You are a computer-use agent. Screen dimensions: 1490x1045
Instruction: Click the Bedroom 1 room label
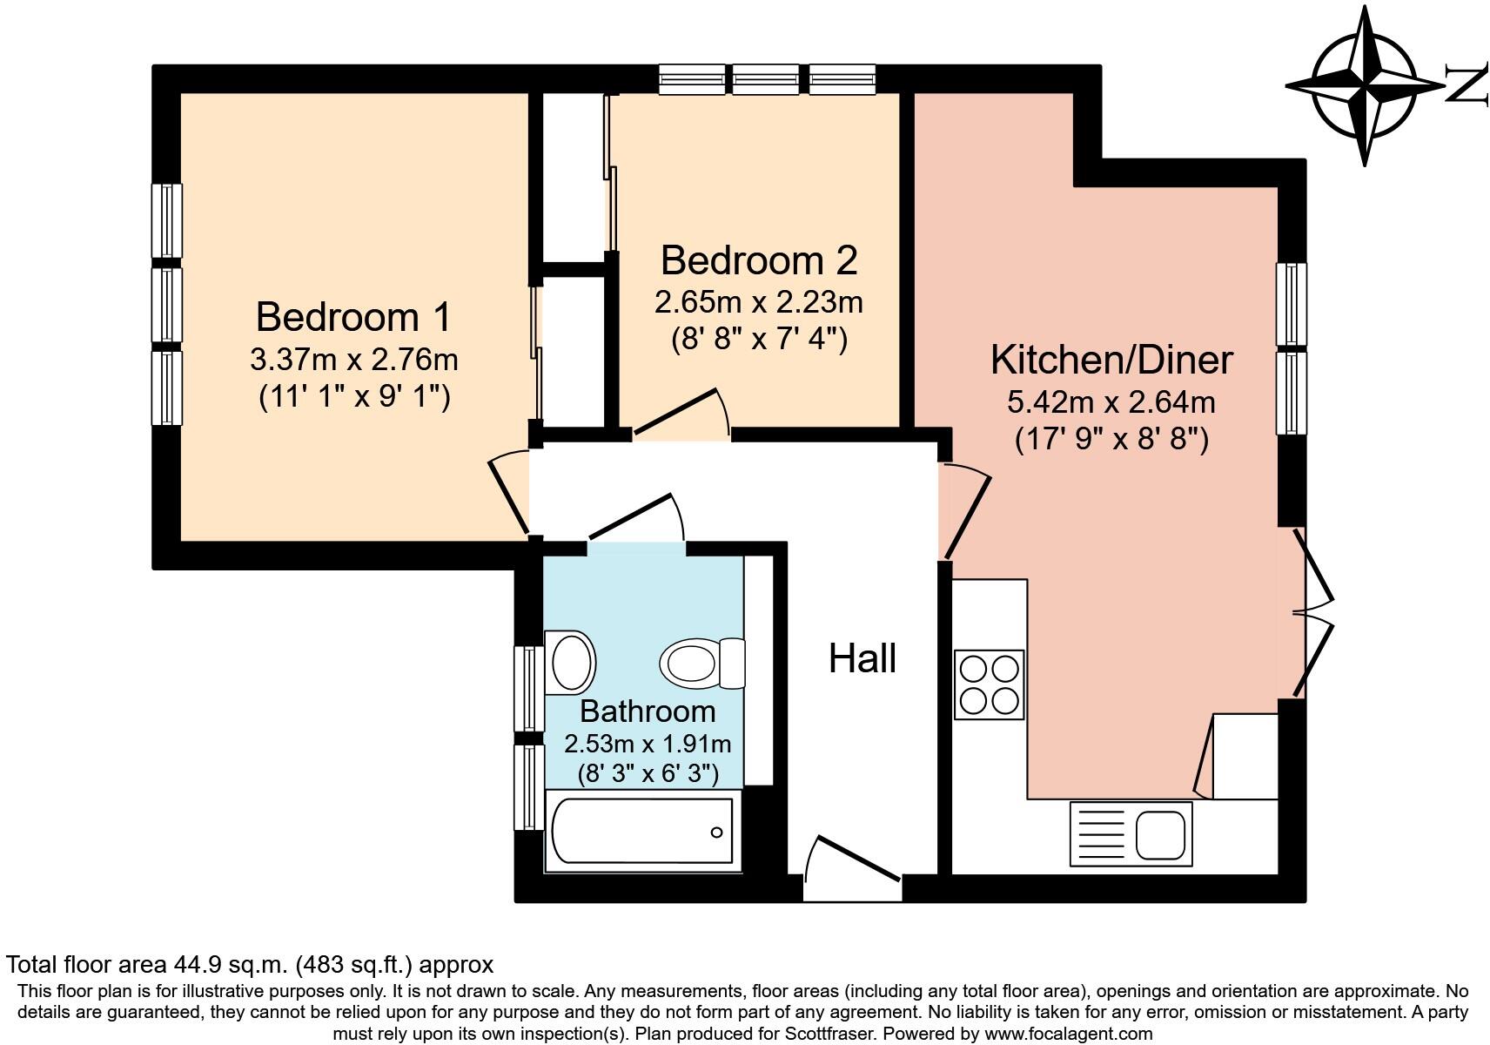[353, 317]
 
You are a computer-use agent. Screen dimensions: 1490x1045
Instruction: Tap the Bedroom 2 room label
[758, 260]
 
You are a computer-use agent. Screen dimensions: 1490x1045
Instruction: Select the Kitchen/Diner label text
[1111, 361]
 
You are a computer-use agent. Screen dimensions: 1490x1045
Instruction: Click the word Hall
[862, 658]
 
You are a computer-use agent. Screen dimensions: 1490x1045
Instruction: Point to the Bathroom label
[648, 711]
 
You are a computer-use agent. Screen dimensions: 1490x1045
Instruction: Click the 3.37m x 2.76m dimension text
[354, 361]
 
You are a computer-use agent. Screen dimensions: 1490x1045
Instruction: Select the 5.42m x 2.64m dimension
[1111, 402]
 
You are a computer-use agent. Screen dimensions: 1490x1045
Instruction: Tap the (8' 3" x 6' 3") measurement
[648, 773]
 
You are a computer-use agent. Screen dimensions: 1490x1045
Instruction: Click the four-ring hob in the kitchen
[989, 684]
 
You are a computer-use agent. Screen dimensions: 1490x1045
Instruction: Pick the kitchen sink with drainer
[1131, 834]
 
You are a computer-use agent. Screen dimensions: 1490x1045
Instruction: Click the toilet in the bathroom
[702, 664]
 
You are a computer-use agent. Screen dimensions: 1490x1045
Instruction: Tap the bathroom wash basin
[570, 663]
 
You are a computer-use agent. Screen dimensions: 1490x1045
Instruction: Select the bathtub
[642, 831]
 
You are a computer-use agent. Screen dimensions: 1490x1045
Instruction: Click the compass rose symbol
[1365, 86]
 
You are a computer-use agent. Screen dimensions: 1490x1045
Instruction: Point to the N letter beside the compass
[1467, 86]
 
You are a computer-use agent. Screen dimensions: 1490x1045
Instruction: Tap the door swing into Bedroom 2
[681, 415]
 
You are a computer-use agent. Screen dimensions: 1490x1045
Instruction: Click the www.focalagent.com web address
[1068, 1034]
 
